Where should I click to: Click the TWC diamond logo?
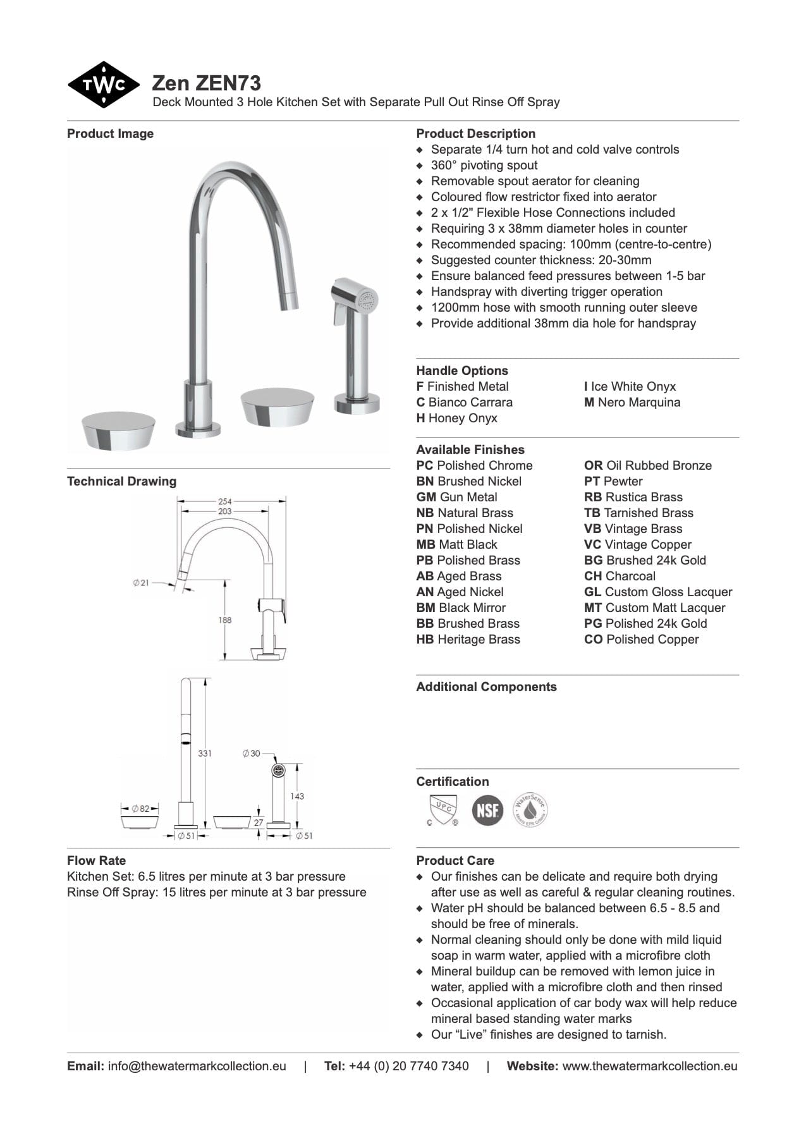tap(103, 85)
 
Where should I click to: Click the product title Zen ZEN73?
tap(206, 83)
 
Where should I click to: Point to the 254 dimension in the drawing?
tap(224, 501)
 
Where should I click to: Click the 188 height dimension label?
tap(225, 620)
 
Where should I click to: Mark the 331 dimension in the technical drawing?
tap(205, 753)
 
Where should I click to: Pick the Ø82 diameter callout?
tap(140, 809)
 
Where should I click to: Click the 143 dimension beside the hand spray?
tap(297, 796)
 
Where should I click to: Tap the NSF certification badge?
tap(487, 810)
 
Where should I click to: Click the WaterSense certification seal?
tap(530, 810)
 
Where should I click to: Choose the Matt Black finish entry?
tap(456, 544)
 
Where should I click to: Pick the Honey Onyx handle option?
tap(456, 418)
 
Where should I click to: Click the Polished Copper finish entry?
tap(641, 639)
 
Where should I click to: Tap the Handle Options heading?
tap(461, 370)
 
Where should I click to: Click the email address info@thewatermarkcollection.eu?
tap(197, 1066)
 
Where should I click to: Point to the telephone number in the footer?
tap(408, 1066)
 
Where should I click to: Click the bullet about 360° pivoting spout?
tap(484, 165)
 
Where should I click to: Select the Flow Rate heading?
tap(96, 860)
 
